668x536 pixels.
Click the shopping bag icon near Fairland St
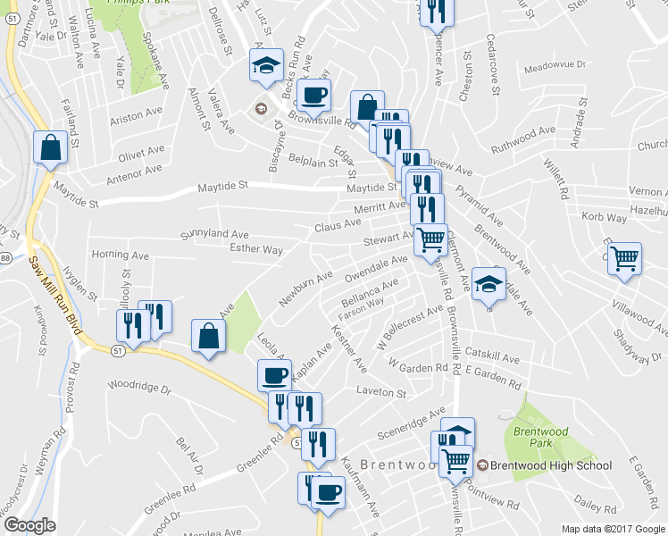[x=50, y=148]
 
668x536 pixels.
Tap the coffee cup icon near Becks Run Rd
[x=313, y=94]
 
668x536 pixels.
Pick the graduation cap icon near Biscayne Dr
[x=266, y=65]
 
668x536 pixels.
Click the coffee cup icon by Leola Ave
[x=274, y=375]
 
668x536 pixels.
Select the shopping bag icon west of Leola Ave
[x=207, y=337]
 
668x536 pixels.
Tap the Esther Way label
[x=256, y=250]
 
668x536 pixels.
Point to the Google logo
[x=29, y=525]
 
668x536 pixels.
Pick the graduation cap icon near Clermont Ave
[x=488, y=284]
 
